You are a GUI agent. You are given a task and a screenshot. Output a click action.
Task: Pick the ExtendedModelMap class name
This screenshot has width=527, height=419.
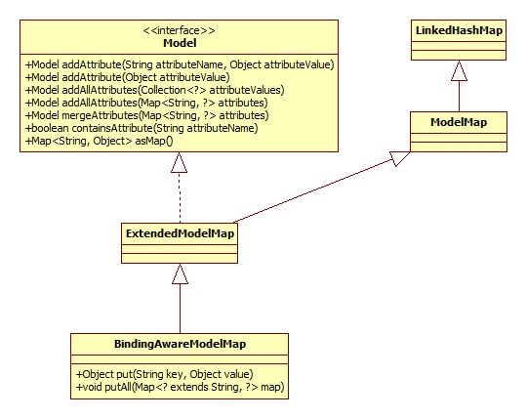coord(180,233)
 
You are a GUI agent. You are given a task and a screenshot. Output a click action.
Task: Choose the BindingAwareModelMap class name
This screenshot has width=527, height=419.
coord(180,343)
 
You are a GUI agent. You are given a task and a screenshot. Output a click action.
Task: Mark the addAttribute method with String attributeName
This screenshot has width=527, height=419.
coord(180,64)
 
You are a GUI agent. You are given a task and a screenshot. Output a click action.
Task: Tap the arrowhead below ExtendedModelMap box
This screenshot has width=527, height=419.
coord(180,276)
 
